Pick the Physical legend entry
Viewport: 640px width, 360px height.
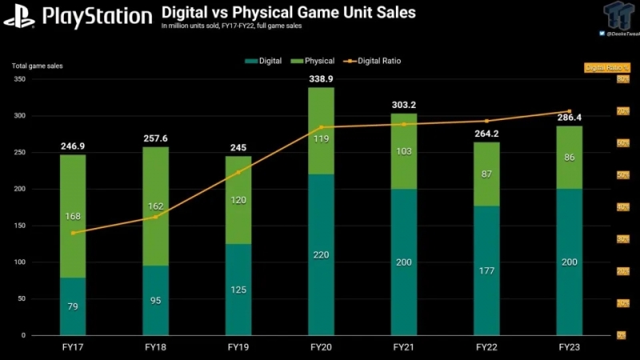316,61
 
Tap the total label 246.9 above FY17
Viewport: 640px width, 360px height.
72,146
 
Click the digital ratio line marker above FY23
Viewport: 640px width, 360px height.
569,111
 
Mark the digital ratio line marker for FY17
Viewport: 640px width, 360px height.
73,233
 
